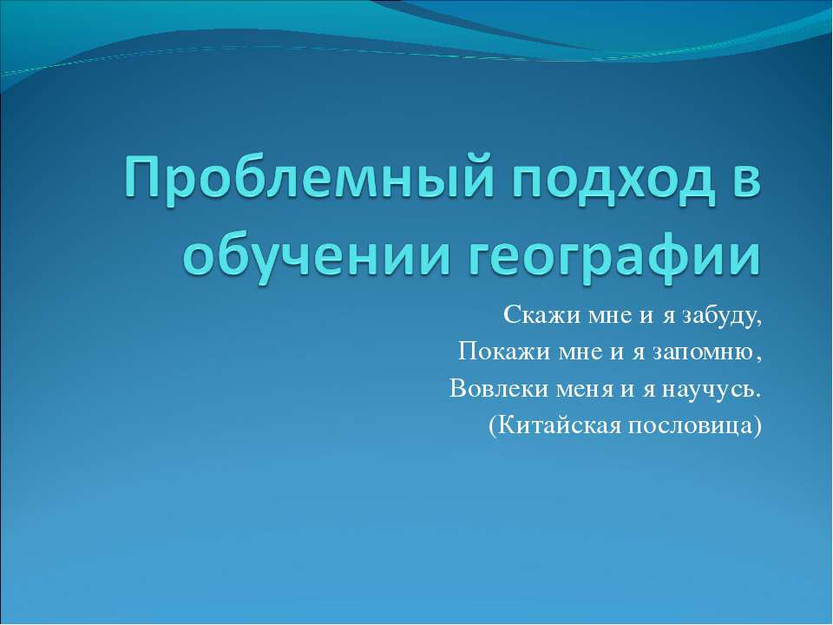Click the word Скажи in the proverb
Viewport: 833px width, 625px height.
(528, 317)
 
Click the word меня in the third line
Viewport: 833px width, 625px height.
(577, 388)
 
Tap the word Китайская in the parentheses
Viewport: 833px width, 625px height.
(561, 424)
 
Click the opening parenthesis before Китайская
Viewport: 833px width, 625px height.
(494, 425)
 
